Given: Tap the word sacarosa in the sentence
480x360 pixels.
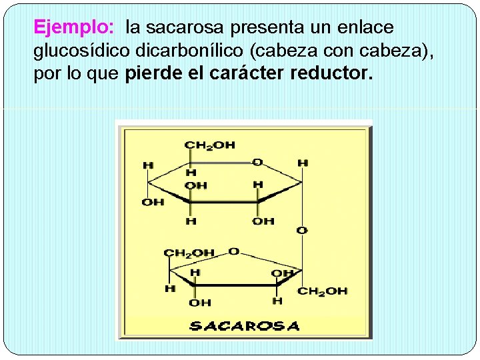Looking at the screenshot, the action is tap(185, 28).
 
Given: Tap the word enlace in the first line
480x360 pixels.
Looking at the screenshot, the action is tap(365, 28).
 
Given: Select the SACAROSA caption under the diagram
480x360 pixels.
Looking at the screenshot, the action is tap(244, 326).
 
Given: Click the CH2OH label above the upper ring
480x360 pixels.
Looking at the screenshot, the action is tap(209, 145).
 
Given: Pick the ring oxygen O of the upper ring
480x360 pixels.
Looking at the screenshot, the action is tap(257, 162).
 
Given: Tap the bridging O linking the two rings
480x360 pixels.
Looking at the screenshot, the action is tap(302, 230).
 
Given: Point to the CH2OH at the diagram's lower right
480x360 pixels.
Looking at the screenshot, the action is tap(323, 291).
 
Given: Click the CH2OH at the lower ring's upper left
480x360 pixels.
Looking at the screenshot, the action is tap(189, 253).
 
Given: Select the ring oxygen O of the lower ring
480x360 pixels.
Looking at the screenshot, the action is tap(233, 251).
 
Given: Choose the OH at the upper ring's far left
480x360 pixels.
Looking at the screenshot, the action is tap(153, 201).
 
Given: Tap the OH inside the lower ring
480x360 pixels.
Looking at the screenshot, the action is tap(283, 273).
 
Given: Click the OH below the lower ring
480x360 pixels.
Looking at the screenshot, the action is tap(200, 303).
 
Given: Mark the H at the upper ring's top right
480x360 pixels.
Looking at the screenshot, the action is tap(303, 163).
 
